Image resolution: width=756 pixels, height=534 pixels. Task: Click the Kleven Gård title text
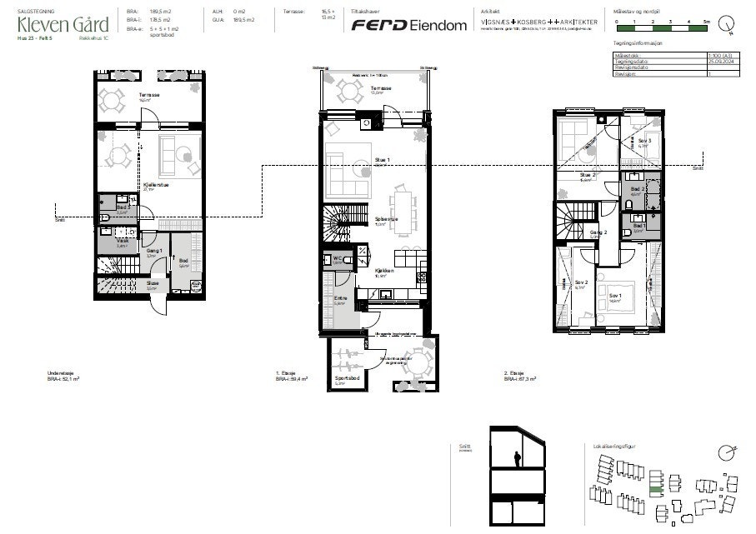[x=63, y=24]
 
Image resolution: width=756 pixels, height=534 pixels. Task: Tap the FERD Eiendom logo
[x=408, y=25]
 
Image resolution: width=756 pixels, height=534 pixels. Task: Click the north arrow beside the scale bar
[x=727, y=23]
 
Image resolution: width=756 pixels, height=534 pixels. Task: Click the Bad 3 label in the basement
[x=123, y=207]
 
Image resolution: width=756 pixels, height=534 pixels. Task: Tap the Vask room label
[x=122, y=241]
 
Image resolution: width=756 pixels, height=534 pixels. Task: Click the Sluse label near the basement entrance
[x=153, y=283]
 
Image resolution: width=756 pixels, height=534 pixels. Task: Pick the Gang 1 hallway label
[x=153, y=251]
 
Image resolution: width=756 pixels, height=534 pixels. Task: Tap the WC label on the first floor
[x=338, y=258]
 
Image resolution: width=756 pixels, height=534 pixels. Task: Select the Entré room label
[x=340, y=298]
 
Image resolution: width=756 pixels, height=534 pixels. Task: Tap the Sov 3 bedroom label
[x=643, y=141]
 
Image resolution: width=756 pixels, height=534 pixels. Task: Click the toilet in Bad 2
[x=627, y=205]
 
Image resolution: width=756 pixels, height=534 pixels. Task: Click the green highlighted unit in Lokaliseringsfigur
[x=656, y=491]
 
